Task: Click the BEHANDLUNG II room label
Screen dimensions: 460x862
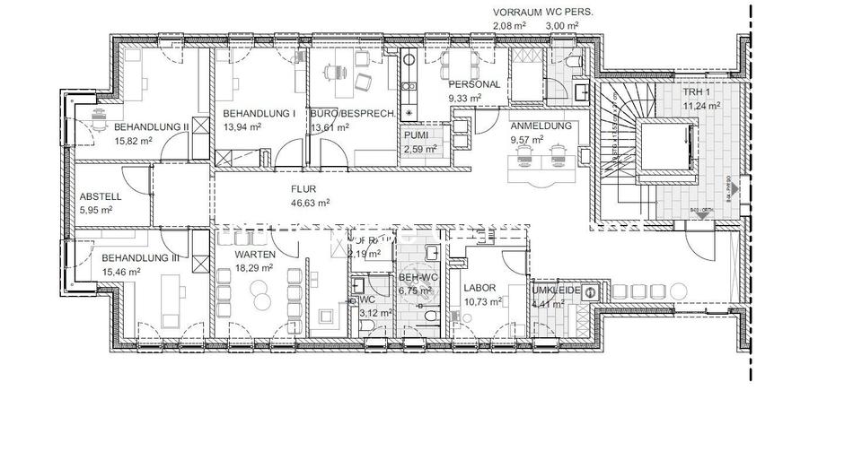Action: (151, 127)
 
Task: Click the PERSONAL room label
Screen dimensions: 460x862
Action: (473, 83)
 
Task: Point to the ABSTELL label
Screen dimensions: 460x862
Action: (101, 196)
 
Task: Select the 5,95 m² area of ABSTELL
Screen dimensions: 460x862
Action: (96, 210)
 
